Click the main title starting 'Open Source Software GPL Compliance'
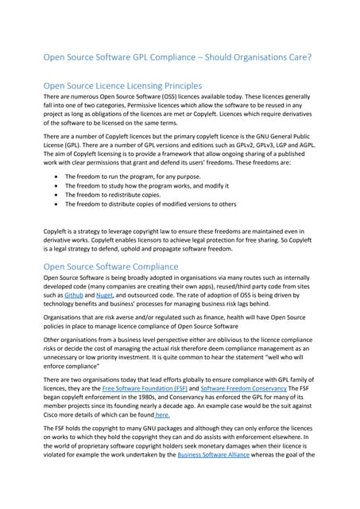(180, 58)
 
